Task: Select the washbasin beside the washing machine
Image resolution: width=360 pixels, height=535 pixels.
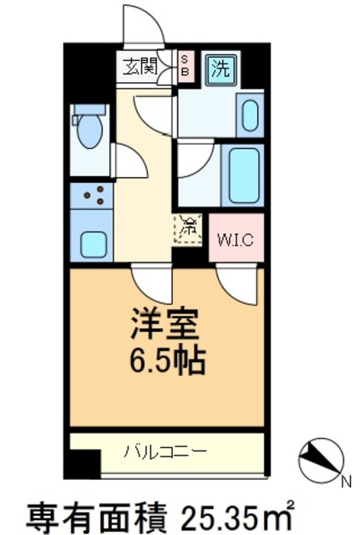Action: tap(250, 116)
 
